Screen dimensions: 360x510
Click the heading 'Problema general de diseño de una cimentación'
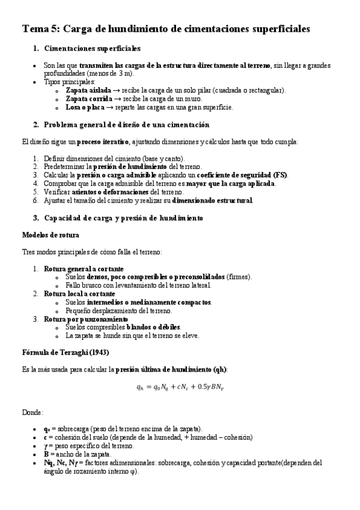(126, 124)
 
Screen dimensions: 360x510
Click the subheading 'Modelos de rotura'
(50, 234)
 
